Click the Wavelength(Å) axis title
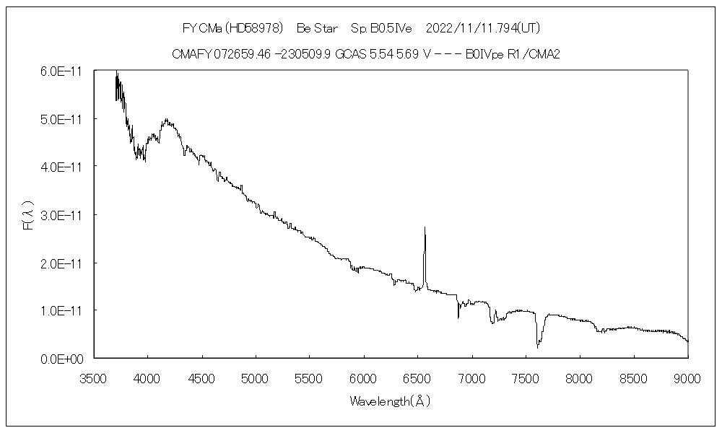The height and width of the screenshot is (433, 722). (390, 401)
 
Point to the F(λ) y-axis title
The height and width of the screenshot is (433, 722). (28, 215)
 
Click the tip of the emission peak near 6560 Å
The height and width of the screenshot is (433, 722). (425, 227)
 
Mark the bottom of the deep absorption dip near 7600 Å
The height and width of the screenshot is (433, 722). (537, 347)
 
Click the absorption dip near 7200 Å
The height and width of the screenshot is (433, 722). (492, 322)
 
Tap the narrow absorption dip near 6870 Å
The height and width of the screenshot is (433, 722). (458, 318)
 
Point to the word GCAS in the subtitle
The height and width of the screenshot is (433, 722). (350, 53)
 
